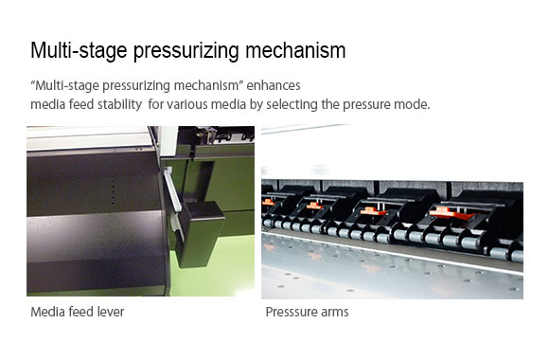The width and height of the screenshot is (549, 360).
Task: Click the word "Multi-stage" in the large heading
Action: (79, 50)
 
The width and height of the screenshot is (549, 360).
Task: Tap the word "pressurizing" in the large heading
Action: (186, 51)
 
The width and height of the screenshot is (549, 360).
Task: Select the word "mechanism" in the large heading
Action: (295, 50)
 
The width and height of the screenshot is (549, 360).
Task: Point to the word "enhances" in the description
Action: (274, 85)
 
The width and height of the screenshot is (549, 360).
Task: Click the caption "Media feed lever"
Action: (78, 312)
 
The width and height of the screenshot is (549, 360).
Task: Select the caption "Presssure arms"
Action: (307, 312)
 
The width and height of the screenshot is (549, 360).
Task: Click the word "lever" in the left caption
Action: (111, 312)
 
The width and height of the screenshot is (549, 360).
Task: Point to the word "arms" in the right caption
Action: (334, 313)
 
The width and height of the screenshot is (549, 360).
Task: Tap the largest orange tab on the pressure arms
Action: (452, 213)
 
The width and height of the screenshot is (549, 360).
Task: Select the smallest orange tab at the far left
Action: (269, 202)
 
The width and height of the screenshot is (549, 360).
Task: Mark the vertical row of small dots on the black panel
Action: (113, 192)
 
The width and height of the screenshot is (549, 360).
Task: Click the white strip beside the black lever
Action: (173, 190)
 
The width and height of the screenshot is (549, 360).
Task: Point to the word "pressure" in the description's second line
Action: (366, 105)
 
